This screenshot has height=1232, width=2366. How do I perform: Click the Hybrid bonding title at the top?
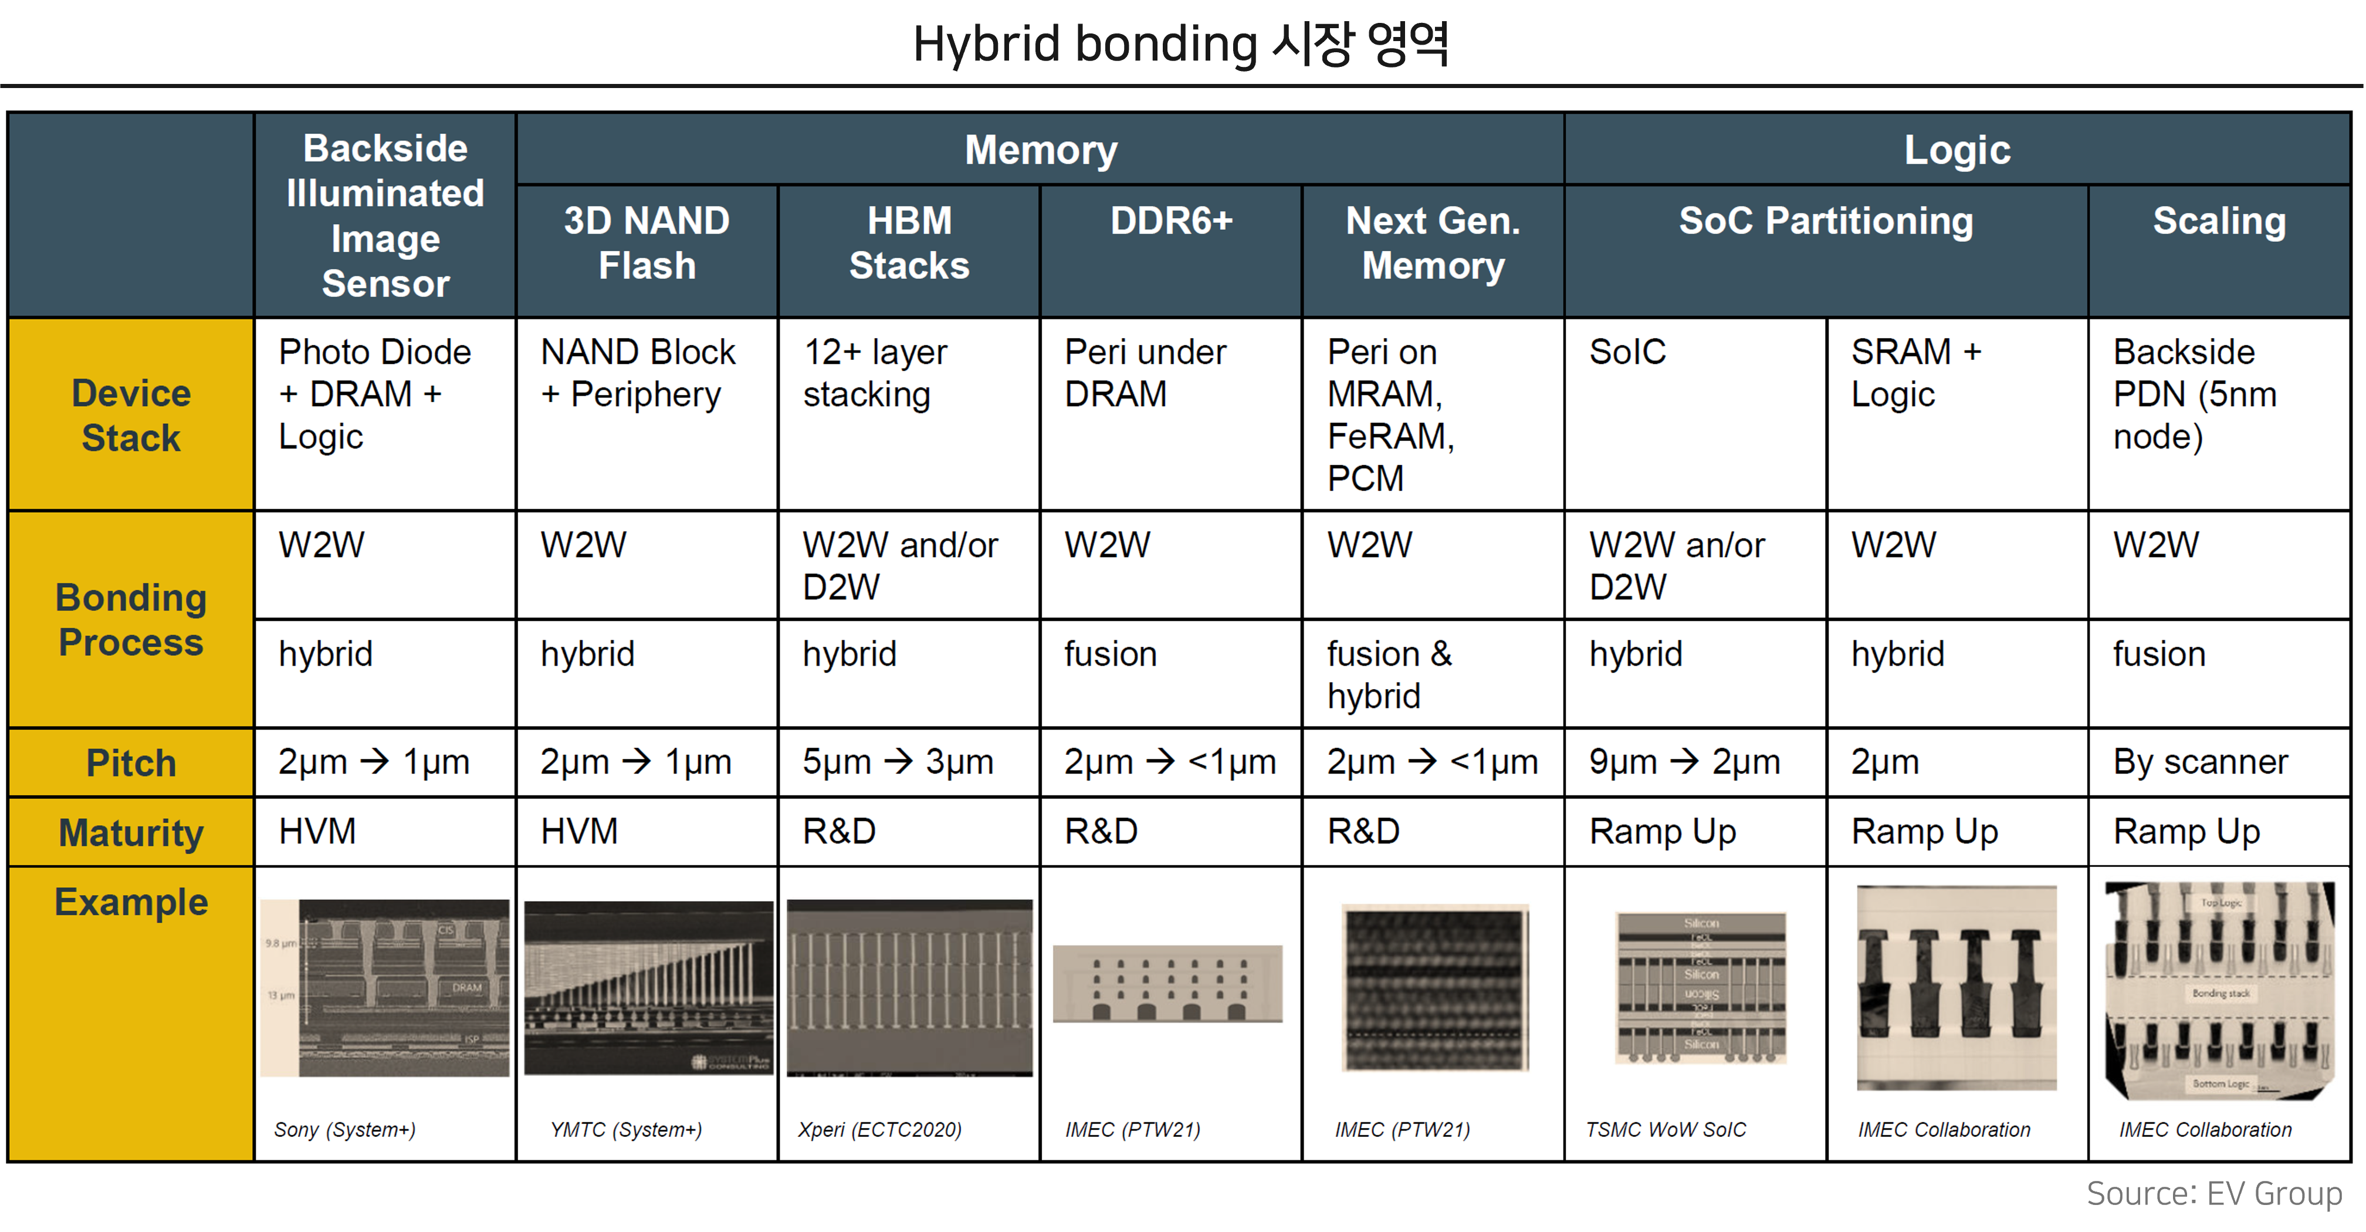tap(1181, 44)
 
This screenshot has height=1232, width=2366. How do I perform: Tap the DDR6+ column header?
tap(1170, 221)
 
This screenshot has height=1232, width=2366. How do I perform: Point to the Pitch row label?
tap(130, 762)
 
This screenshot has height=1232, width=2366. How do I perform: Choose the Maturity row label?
tap(130, 832)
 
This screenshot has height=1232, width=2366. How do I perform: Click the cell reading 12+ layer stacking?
tap(874, 373)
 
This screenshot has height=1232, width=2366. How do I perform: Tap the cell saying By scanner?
tap(2200, 762)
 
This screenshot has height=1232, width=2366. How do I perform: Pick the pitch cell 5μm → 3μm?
tap(898, 762)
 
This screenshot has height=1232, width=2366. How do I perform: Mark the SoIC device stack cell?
tap(1627, 352)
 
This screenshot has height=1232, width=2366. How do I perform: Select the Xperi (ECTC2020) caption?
tap(879, 1129)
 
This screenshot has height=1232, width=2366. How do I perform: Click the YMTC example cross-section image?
tap(648, 988)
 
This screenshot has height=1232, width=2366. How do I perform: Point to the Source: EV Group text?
tap(2213, 1193)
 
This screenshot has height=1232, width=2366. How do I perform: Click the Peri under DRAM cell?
tap(1145, 373)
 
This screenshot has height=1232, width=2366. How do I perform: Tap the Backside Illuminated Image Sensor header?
tap(385, 216)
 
